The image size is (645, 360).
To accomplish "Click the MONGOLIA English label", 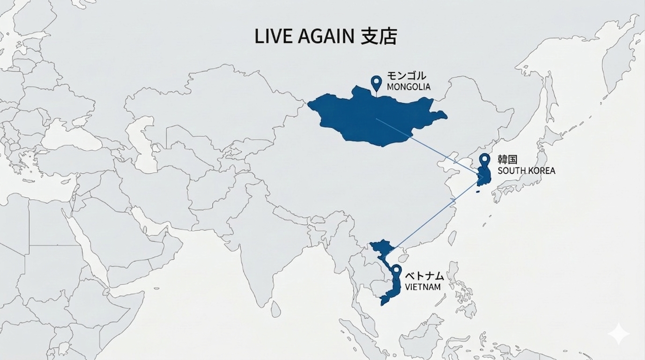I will click(408, 87).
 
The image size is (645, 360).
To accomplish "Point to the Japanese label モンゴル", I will click(407, 76).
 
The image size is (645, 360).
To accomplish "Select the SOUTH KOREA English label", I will click(526, 171).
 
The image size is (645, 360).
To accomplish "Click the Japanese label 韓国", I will click(507, 160).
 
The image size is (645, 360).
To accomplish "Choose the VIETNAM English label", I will click(423, 287).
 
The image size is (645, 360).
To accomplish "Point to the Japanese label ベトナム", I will click(424, 276).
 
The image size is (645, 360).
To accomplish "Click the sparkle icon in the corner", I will click(618, 333).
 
